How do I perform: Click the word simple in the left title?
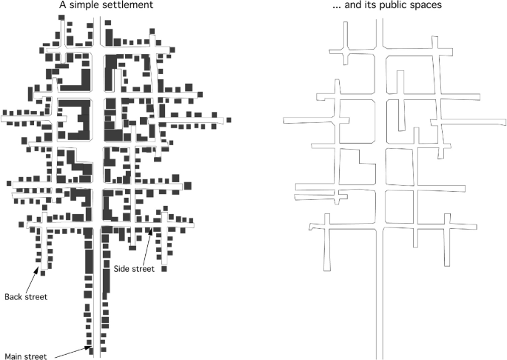[87, 6]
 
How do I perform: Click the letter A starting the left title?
[63, 6]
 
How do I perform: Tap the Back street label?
[26, 297]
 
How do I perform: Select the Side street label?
[134, 269]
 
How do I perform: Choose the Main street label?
[26, 356]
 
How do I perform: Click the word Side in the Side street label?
[122, 269]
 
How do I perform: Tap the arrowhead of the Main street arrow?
[87, 345]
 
